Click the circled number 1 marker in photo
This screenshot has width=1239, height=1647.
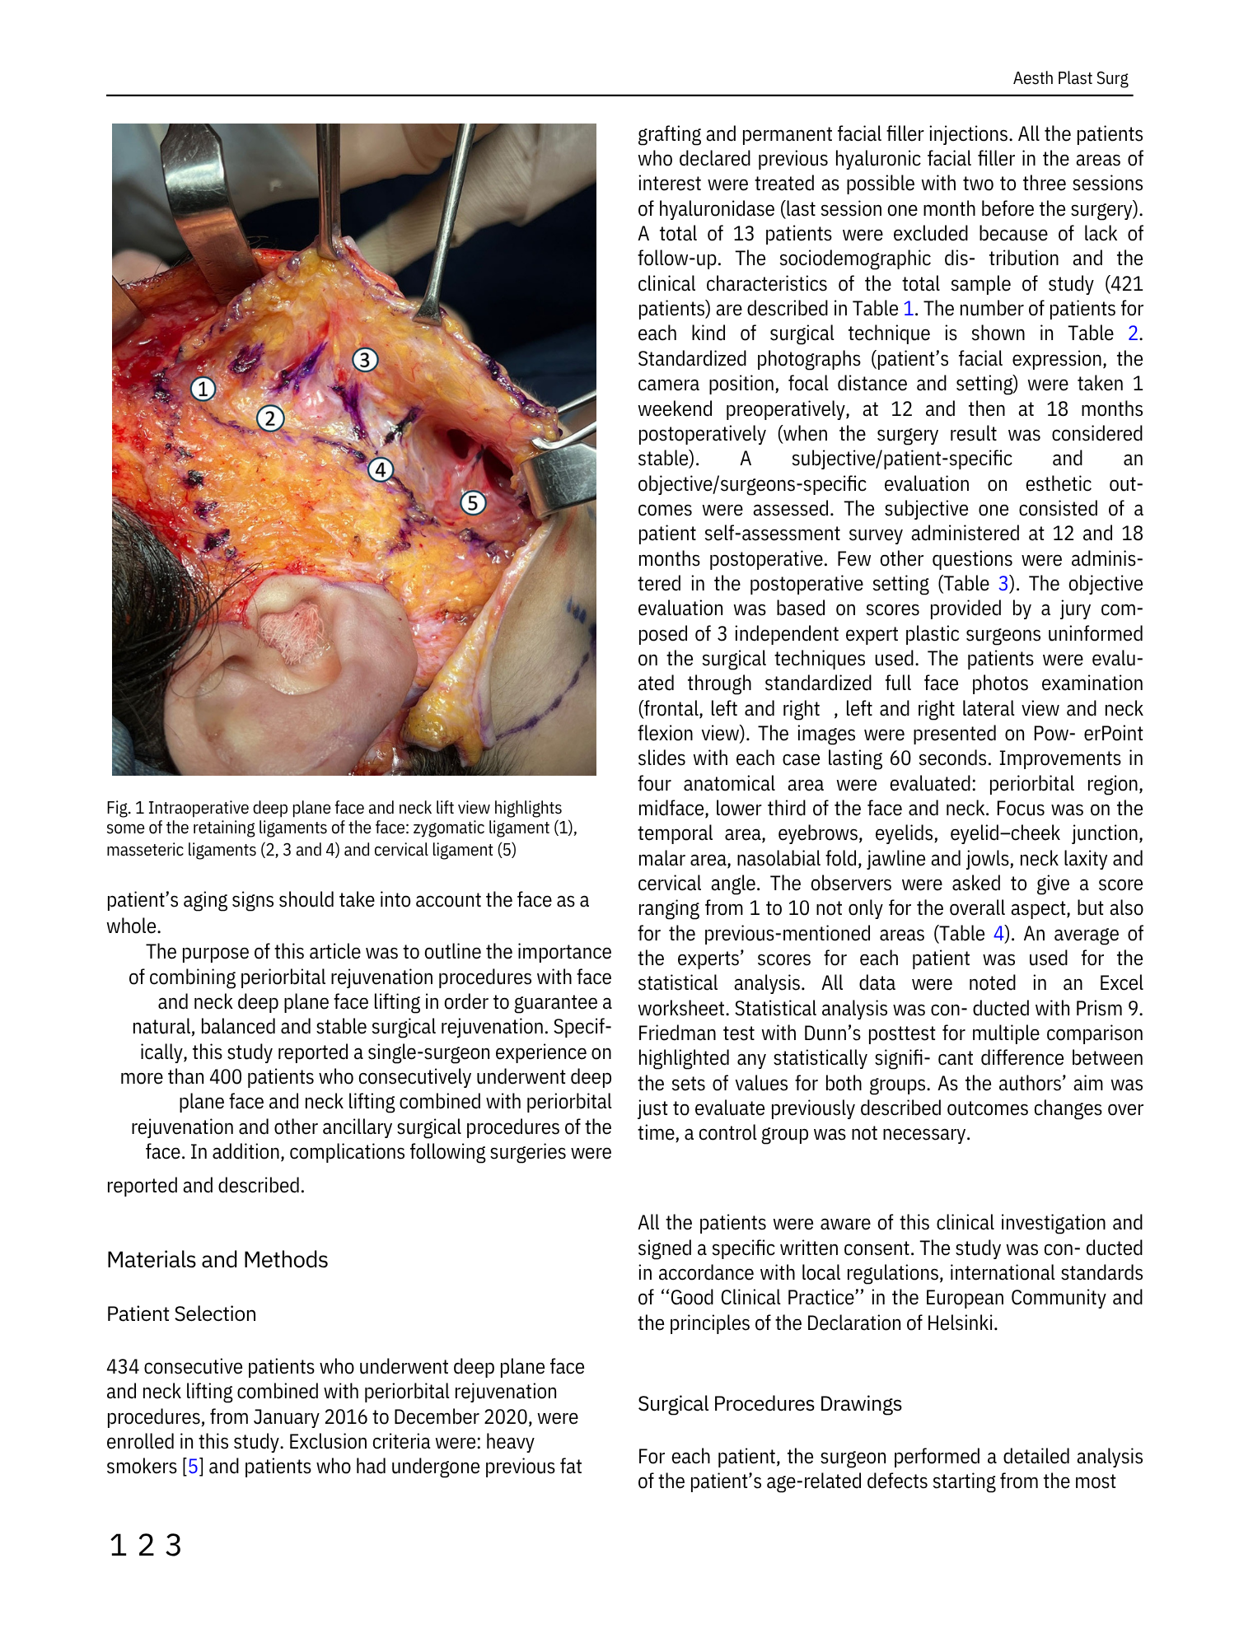pyautogui.click(x=203, y=389)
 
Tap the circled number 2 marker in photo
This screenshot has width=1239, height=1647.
pyautogui.click(x=270, y=418)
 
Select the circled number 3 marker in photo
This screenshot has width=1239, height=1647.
pyautogui.click(x=365, y=360)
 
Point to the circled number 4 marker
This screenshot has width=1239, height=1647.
pyautogui.click(x=380, y=470)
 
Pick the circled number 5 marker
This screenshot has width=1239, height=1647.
pyautogui.click(x=473, y=502)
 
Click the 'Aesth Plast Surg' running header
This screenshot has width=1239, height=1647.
pyautogui.click(x=1070, y=78)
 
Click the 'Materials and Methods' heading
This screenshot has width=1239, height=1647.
pyautogui.click(x=217, y=1260)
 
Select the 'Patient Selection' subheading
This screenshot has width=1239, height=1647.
pyautogui.click(x=181, y=1314)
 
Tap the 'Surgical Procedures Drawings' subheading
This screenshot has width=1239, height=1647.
pyautogui.click(x=769, y=1404)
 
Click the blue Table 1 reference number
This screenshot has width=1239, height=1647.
pyautogui.click(x=909, y=309)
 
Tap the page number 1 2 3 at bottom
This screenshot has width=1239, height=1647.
pyautogui.click(x=145, y=1546)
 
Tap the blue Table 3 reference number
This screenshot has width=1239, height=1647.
pyautogui.click(x=1003, y=584)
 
